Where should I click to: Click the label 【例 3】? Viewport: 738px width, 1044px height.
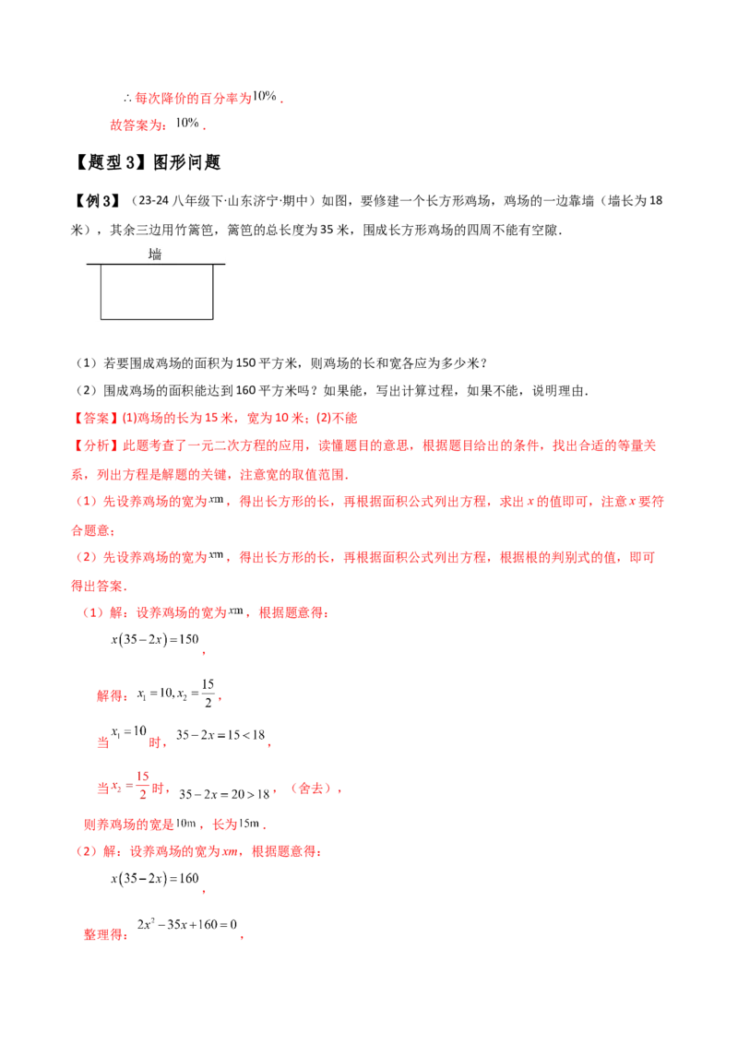click(97, 200)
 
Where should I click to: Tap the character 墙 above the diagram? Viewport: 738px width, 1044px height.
click(155, 254)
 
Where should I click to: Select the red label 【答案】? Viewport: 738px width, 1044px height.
click(97, 418)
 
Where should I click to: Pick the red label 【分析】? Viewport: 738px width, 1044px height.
click(97, 445)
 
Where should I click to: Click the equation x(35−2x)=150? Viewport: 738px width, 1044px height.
click(155, 639)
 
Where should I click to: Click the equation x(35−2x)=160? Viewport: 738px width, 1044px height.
click(155, 878)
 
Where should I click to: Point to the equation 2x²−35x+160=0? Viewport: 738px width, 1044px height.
click(187, 924)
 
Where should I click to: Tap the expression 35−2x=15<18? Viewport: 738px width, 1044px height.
click(220, 735)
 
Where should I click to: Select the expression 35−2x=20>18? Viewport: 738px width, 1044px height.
click(224, 794)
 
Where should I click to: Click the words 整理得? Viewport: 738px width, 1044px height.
click(103, 934)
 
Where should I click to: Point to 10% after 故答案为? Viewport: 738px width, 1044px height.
click(187, 123)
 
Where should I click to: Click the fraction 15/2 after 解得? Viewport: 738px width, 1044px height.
click(208, 694)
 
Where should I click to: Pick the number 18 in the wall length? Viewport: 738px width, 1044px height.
click(655, 200)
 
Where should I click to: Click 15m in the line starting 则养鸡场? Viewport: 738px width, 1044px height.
click(248, 824)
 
